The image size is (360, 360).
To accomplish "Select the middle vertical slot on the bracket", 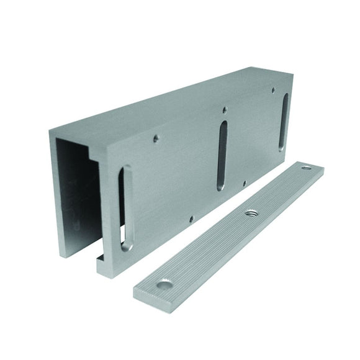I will tap(222, 155).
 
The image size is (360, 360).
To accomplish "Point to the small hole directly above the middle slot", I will tap(225, 110).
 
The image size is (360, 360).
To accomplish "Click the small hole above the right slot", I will tap(273, 90).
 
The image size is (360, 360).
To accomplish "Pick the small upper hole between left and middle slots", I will tap(156, 138).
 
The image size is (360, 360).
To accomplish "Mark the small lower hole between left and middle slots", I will tap(191, 218).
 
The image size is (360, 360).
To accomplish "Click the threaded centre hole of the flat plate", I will tap(251, 212).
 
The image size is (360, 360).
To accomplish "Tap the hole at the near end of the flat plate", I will tap(165, 284).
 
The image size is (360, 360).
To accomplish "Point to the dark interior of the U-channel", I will tap(78, 192).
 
